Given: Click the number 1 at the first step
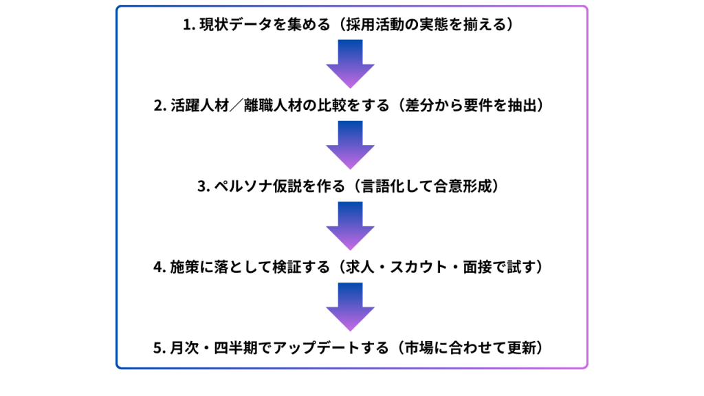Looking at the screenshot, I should [x=186, y=25].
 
